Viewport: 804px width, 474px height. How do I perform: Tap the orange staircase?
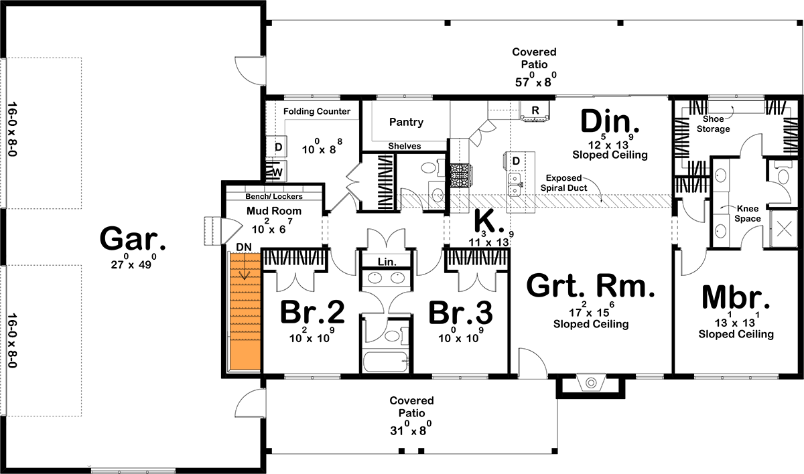pyautogui.click(x=243, y=311)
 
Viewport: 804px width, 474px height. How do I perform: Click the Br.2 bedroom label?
pyautogui.click(x=312, y=312)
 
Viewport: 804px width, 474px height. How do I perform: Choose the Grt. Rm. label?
pyautogui.click(x=590, y=286)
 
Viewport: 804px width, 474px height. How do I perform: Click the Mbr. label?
pyautogui.click(x=736, y=297)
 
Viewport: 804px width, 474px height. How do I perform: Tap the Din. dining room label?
pyautogui.click(x=609, y=123)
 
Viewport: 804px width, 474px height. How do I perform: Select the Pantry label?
pyautogui.click(x=406, y=122)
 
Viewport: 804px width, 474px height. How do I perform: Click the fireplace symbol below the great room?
pyautogui.click(x=591, y=383)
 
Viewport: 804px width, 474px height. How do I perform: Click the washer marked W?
pyautogui.click(x=277, y=172)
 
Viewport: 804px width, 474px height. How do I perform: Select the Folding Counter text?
pyautogui.click(x=317, y=111)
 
